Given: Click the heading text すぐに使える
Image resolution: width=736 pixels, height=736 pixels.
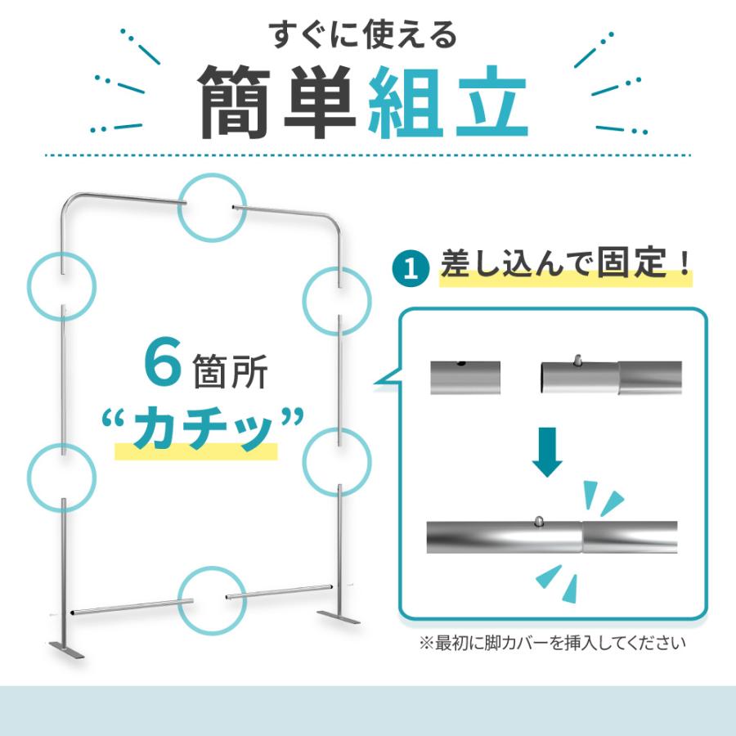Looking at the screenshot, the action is pyautogui.click(x=363, y=34).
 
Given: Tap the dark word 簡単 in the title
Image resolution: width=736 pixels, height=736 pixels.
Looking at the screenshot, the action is pyautogui.click(x=276, y=102).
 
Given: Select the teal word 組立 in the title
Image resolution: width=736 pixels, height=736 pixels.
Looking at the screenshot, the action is pyautogui.click(x=448, y=102).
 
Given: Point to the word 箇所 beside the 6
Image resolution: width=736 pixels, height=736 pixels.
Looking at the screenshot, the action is pyautogui.click(x=230, y=371).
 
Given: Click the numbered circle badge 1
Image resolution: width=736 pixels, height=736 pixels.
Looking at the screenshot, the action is pyautogui.click(x=411, y=268).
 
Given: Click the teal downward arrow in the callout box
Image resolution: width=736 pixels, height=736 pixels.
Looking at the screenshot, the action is pyautogui.click(x=547, y=452).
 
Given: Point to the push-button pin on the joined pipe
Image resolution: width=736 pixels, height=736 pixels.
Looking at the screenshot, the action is pyautogui.click(x=540, y=521).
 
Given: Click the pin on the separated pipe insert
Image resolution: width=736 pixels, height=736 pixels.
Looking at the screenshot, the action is pyautogui.click(x=578, y=361).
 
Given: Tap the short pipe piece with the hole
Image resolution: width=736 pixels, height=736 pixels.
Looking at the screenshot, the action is pyautogui.click(x=465, y=377).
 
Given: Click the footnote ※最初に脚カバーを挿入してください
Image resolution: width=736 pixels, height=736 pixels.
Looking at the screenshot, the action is pyautogui.click(x=552, y=643).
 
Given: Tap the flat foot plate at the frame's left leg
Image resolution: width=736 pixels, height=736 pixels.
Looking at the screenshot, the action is pyautogui.click(x=66, y=650).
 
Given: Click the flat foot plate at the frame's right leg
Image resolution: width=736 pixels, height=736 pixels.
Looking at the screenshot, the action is pyautogui.click(x=338, y=617).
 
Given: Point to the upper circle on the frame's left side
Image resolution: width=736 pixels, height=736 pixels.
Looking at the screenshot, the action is pyautogui.click(x=28, y=286).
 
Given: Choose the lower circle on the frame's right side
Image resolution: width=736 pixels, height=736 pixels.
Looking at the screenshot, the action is pyautogui.click(x=303, y=462).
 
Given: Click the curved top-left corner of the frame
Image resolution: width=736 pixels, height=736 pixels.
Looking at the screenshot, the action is pyautogui.click(x=68, y=201).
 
